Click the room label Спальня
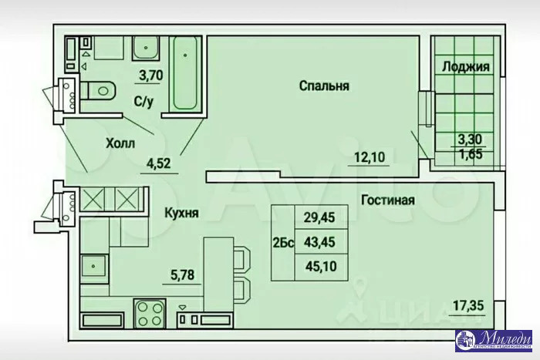pyautogui.click(x=324, y=86)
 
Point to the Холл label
pyautogui.click(x=120, y=143)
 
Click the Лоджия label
pyautogui.click(x=465, y=67)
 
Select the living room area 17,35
pyautogui.click(x=468, y=306)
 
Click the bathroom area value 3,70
pyautogui.click(x=150, y=75)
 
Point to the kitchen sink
pyautogui.click(x=93, y=267)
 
